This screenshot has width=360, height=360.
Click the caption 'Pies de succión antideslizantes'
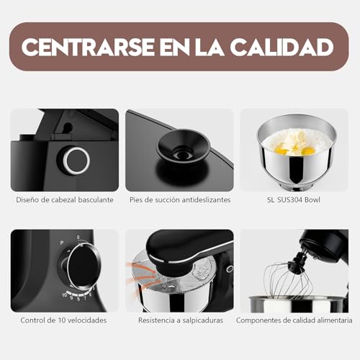click(x=179, y=199)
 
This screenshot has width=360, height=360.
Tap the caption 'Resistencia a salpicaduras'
click(x=179, y=320)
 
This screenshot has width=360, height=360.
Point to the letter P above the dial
click(x=62, y=243)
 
